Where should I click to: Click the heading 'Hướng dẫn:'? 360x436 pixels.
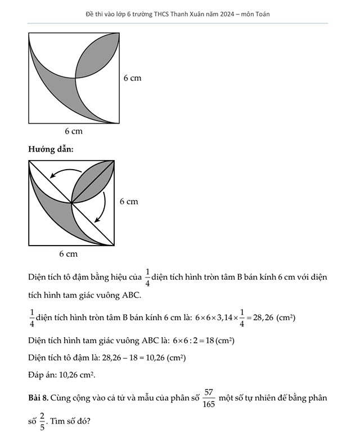[x=51, y=149]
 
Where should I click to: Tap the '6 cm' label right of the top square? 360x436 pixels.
[x=132, y=78]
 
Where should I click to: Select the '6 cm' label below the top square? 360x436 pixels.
[x=73, y=131]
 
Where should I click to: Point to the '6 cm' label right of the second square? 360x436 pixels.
[x=128, y=201]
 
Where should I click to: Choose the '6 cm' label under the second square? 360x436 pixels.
[x=68, y=254]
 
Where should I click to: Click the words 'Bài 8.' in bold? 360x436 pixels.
[x=38, y=398]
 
